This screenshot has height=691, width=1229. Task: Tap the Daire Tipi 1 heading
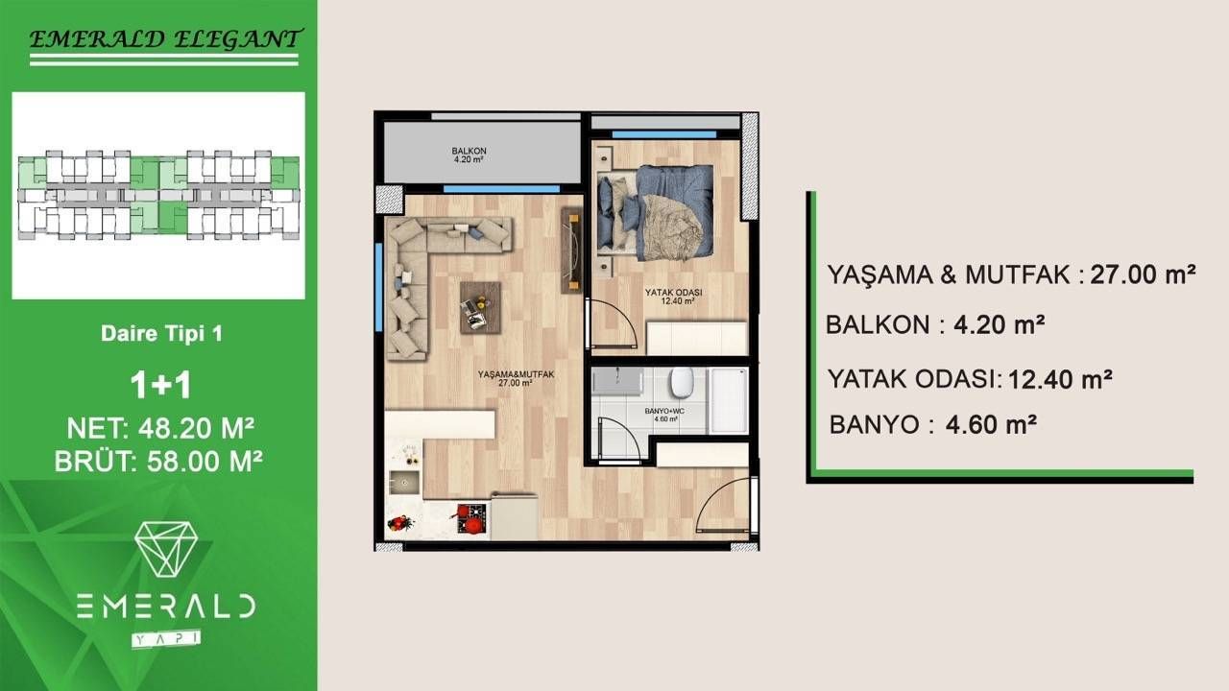coord(161,335)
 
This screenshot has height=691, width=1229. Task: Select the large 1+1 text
coord(161,385)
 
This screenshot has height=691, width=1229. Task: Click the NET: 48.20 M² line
coord(161,427)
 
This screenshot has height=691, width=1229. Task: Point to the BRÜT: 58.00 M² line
coord(159,462)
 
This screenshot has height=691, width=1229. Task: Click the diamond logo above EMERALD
coord(165,549)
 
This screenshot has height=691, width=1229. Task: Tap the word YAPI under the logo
coord(165,636)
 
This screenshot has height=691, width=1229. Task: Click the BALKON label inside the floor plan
coord(470,152)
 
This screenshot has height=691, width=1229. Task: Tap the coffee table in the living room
coord(480,306)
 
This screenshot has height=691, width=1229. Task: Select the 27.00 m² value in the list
coord(1143,275)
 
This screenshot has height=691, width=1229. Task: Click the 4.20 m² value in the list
coord(999,324)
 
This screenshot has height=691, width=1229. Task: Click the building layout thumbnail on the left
coord(158,196)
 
